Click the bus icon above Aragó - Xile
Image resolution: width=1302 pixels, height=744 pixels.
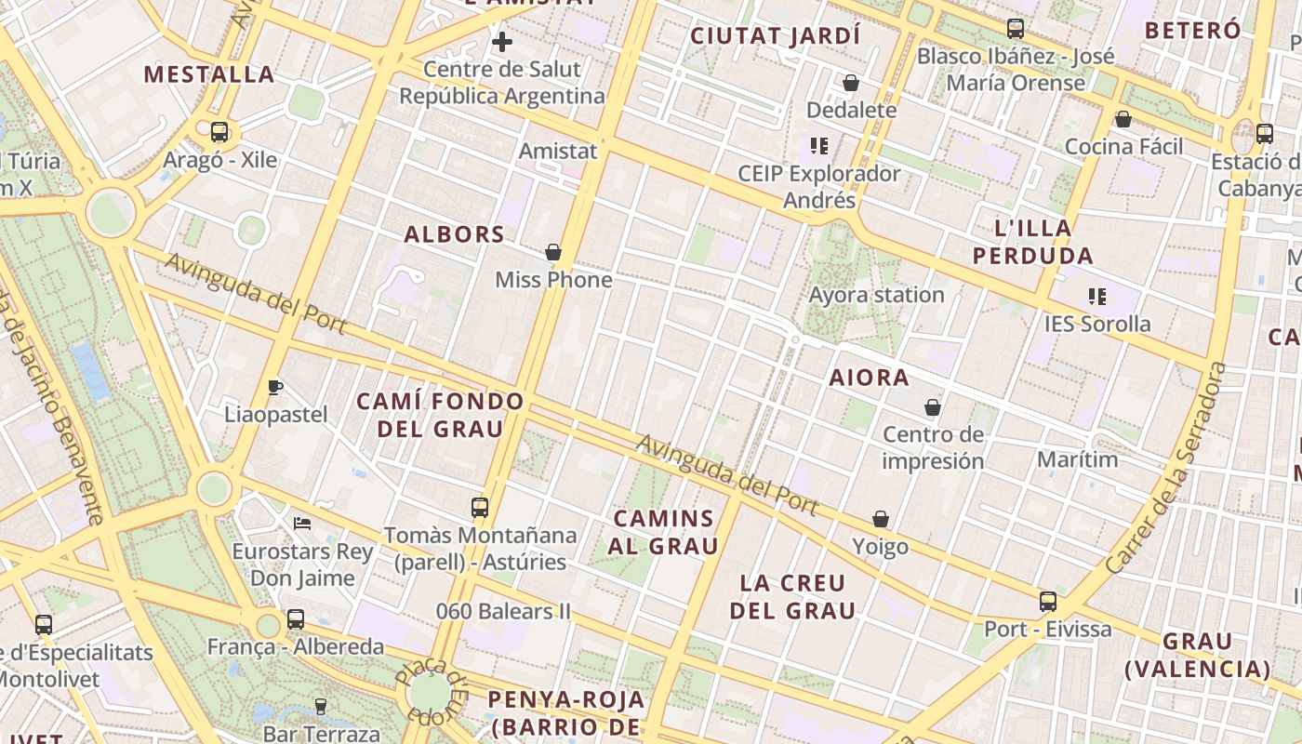pyautogui.click(x=219, y=132)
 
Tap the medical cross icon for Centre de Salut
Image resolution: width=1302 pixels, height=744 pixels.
pyautogui.click(x=502, y=42)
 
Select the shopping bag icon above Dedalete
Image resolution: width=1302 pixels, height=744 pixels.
pyautogui.click(x=850, y=83)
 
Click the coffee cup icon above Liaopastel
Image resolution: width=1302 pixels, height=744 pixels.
pyautogui.click(x=275, y=387)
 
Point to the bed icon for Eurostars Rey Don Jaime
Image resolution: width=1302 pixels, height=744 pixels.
pyautogui.click(x=302, y=524)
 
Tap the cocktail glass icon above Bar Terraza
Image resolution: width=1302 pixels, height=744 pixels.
pyautogui.click(x=321, y=707)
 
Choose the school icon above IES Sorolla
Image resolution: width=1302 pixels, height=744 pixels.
pyautogui.click(x=1097, y=297)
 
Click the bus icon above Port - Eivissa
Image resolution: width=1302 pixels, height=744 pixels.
pyautogui.click(x=1048, y=602)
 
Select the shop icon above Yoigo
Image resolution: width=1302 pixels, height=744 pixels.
pyautogui.click(x=881, y=519)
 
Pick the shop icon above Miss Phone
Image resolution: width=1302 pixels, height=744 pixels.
pyautogui.click(x=553, y=252)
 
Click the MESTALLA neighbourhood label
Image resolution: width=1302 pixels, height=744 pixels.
pyautogui.click(x=209, y=74)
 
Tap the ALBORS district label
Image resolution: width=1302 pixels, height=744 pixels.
pyautogui.click(x=454, y=234)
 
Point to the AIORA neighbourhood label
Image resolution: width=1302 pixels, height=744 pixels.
pyautogui.click(x=869, y=378)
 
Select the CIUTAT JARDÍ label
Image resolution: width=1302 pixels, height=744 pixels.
pyautogui.click(x=776, y=36)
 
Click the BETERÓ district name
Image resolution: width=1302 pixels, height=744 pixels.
pyautogui.click(x=1192, y=30)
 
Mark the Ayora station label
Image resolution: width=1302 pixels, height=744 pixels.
pyautogui.click(x=876, y=295)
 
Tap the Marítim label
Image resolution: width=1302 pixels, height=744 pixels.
pyautogui.click(x=1077, y=459)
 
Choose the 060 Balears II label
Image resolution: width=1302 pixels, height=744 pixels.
pyautogui.click(x=503, y=612)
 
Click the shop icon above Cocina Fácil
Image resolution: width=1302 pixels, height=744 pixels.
pyautogui.click(x=1123, y=119)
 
